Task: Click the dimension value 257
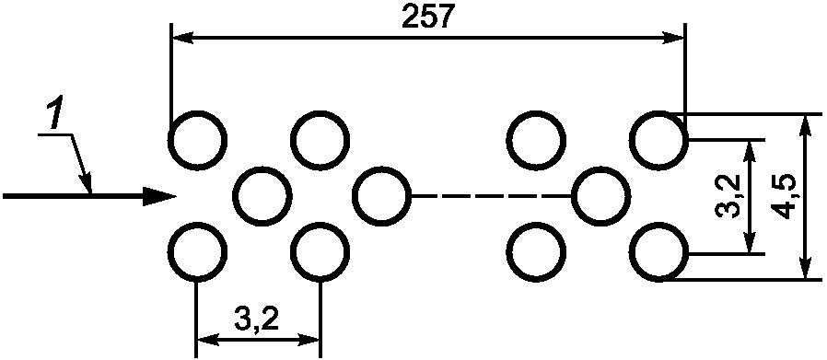[x=427, y=17]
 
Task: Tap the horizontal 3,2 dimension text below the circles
[x=256, y=319]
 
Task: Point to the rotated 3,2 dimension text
[x=728, y=196]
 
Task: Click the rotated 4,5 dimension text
[x=781, y=196]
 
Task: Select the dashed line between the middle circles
[x=492, y=196]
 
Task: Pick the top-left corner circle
[x=197, y=140]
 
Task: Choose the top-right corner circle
[x=659, y=140]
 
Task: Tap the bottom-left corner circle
[x=197, y=252]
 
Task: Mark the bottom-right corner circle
[x=659, y=252]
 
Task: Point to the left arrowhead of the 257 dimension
[x=182, y=38]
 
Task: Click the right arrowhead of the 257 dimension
[x=674, y=38]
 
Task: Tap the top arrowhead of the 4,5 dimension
[x=804, y=125]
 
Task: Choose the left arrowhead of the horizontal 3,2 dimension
[x=208, y=340]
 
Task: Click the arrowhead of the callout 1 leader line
[x=87, y=182]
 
